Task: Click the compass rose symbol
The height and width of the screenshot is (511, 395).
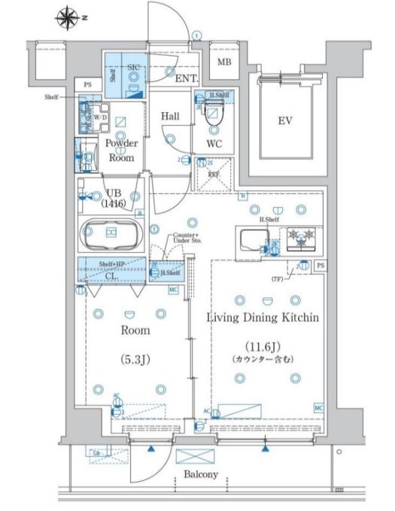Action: tap(67, 16)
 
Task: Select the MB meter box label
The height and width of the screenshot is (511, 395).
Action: tap(225, 62)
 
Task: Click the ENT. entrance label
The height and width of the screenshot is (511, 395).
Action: tap(186, 78)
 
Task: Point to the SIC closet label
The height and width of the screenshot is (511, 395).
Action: tap(133, 67)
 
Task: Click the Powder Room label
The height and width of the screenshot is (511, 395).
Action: tap(120, 151)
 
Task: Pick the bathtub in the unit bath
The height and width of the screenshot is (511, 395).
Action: tap(111, 233)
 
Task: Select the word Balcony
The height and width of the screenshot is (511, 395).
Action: tap(201, 474)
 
